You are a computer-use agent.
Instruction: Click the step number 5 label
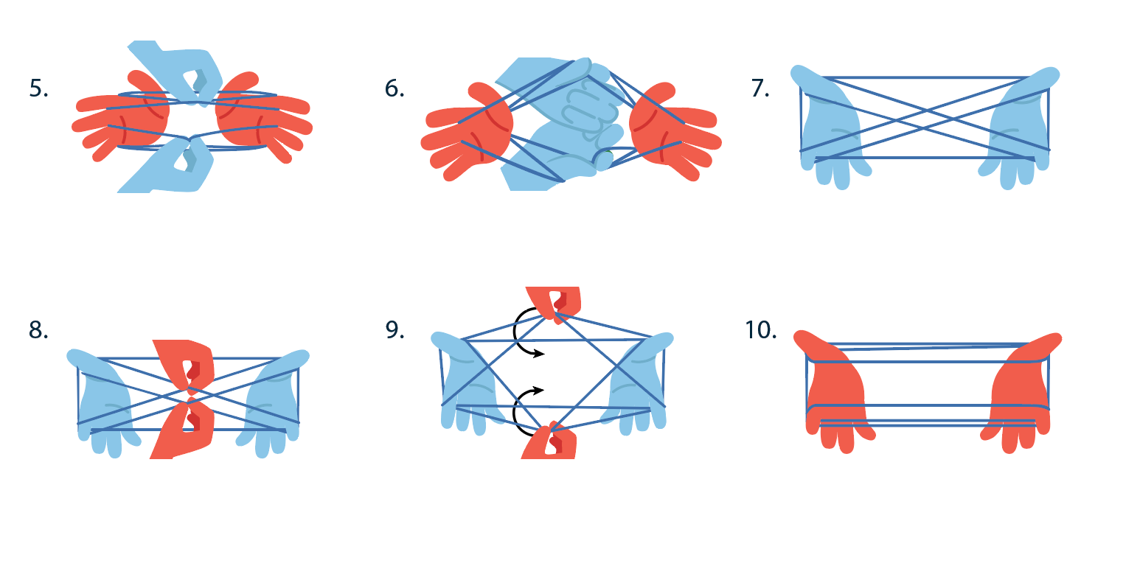tap(38, 88)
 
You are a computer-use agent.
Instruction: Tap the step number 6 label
tap(395, 88)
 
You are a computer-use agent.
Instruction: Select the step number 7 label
tap(760, 88)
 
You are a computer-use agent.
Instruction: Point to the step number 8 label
tap(38, 330)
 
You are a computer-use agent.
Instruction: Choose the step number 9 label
tap(395, 330)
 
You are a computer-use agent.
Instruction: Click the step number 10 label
tap(761, 330)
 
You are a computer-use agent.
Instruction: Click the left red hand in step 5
tap(125, 119)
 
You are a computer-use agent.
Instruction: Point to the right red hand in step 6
tap(672, 130)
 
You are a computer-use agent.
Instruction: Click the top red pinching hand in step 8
tap(186, 363)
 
